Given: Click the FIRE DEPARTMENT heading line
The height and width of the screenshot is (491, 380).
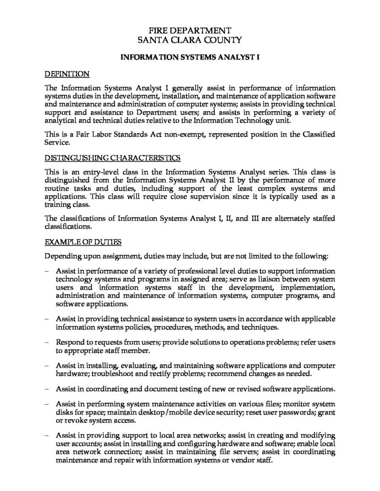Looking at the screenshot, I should point(190,30).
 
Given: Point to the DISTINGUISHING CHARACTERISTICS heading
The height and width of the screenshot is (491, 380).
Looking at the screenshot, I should point(112,157).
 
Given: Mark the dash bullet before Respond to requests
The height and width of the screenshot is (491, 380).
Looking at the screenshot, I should point(46,343).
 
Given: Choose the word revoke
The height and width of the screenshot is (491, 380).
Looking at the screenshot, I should point(75,421).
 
